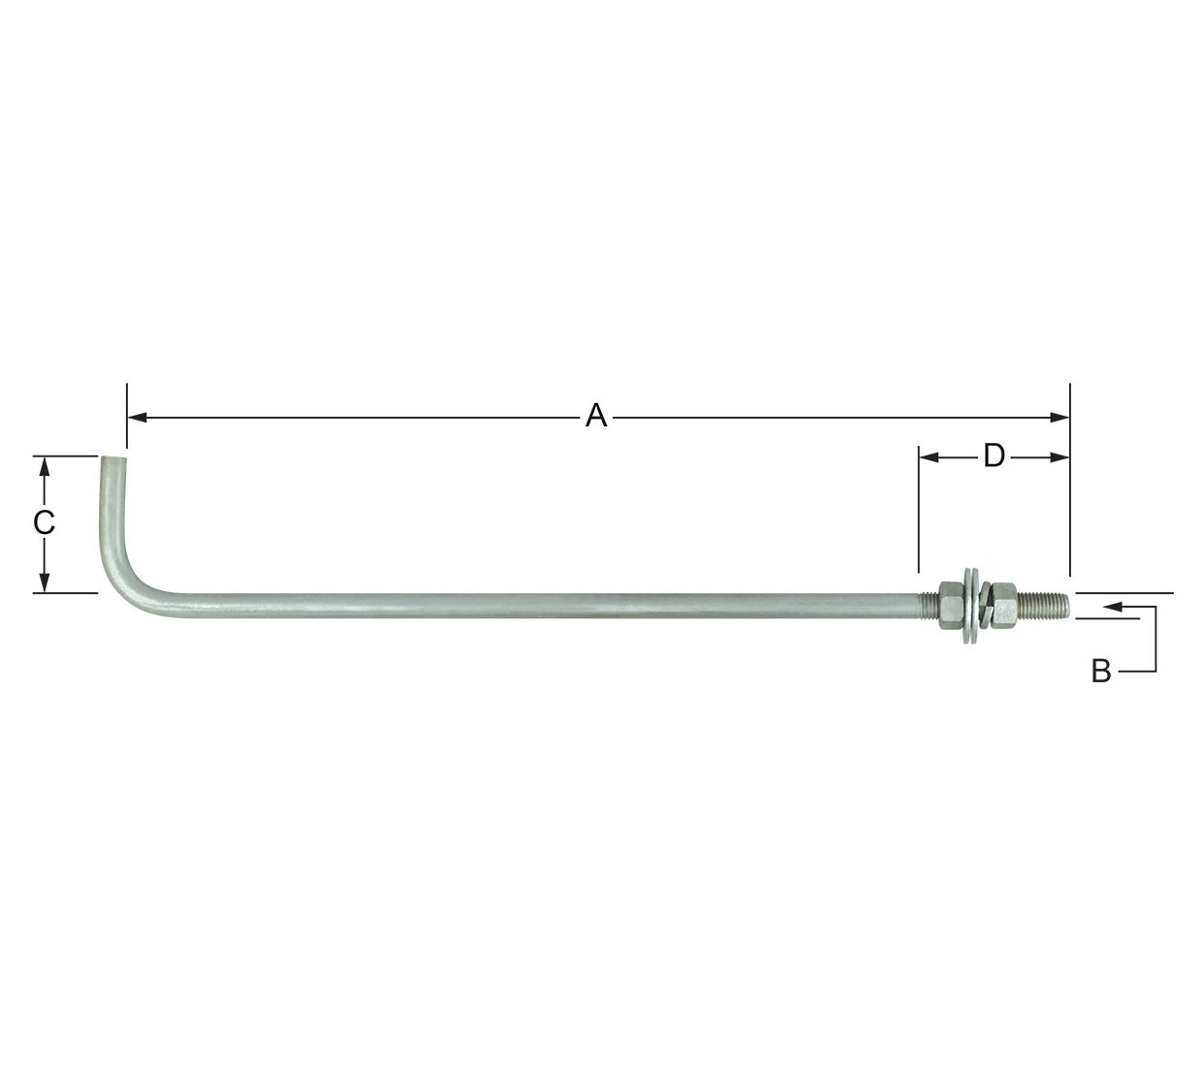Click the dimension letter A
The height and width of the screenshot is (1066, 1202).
[x=596, y=417]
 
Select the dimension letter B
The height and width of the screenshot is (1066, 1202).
[x=1101, y=671]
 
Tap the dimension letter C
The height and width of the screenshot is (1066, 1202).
[x=44, y=523]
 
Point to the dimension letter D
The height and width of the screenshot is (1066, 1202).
[x=994, y=456]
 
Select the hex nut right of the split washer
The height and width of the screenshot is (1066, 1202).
[x=1004, y=607]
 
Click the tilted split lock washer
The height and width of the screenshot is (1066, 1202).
[x=984, y=609]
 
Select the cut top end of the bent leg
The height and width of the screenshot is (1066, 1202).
[x=112, y=458]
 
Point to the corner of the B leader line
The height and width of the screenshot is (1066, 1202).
[x=1155, y=671]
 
